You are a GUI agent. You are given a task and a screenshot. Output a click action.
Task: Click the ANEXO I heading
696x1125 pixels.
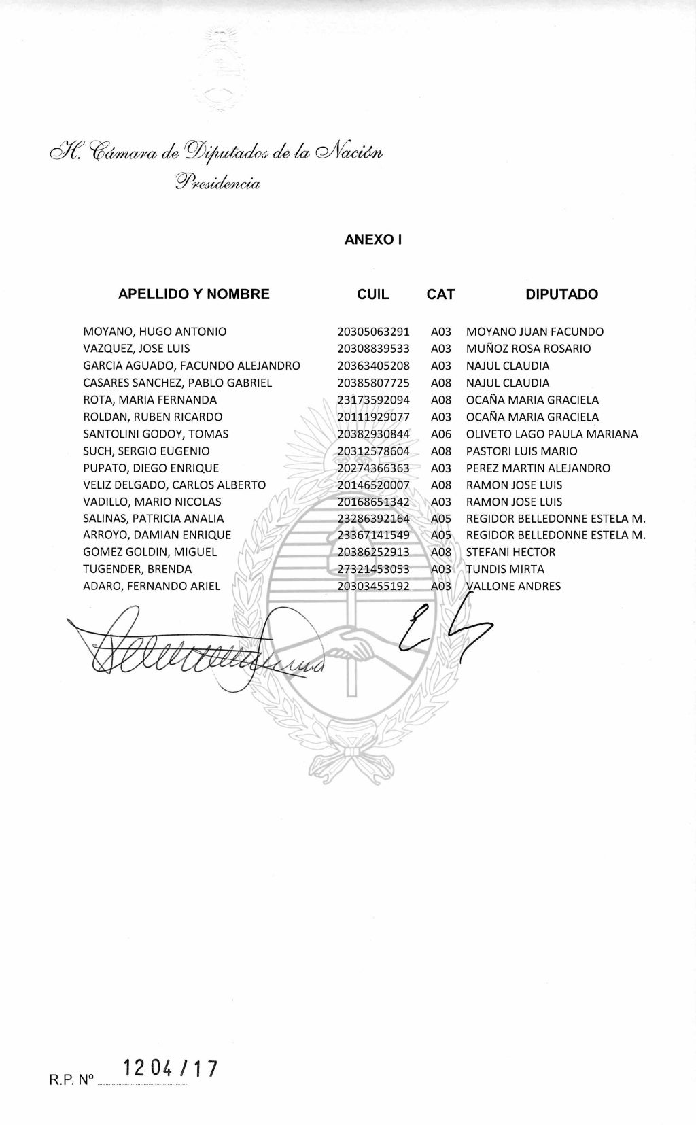pyautogui.click(x=373, y=239)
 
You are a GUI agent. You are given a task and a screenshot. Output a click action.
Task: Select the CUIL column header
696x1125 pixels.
pyautogui.click(x=373, y=294)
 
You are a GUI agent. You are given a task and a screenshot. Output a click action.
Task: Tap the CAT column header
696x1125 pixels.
pyautogui.click(x=440, y=294)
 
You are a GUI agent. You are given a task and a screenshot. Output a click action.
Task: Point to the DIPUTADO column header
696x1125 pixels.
pyautogui.click(x=561, y=294)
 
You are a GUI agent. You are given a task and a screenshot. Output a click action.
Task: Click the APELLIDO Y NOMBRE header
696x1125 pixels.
pyautogui.click(x=194, y=294)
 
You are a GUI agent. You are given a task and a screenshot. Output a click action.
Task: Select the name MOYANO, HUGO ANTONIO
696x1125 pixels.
pyautogui.click(x=155, y=332)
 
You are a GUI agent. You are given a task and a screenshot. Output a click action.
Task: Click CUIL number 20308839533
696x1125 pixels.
pyautogui.click(x=373, y=349)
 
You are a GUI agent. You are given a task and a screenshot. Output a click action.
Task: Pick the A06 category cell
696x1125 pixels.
pyautogui.click(x=441, y=434)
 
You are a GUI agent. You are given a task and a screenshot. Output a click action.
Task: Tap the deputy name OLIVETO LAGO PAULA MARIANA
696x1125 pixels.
pyautogui.click(x=552, y=434)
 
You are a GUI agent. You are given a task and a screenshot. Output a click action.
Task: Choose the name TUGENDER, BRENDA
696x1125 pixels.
pyautogui.click(x=137, y=569)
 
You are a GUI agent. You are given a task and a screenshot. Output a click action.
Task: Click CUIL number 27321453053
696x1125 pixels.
pyautogui.click(x=373, y=569)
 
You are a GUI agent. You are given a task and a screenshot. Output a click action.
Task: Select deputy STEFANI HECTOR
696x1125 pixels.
pyautogui.click(x=510, y=552)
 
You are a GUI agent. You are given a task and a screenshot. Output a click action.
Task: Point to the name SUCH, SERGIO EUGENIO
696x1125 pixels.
pyautogui.click(x=146, y=451)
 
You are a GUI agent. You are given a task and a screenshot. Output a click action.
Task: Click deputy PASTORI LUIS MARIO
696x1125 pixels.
pyautogui.click(x=521, y=451)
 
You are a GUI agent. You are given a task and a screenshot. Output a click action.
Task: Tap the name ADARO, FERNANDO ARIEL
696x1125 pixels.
pyautogui.click(x=152, y=586)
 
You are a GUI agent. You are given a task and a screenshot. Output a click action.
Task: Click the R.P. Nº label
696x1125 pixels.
pyautogui.click(x=70, y=1079)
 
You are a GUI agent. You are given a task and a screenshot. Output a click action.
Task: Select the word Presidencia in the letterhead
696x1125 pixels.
pyautogui.click(x=217, y=182)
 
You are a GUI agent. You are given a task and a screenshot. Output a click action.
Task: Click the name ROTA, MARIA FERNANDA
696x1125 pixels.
pyautogui.click(x=150, y=400)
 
